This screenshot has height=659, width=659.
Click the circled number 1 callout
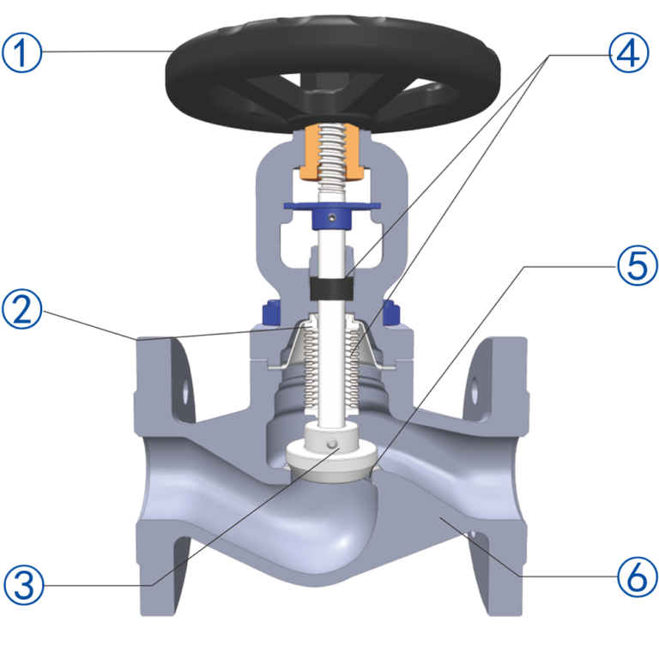point(22,53)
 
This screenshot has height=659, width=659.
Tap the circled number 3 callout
point(24,584)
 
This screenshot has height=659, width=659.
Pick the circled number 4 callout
point(629,52)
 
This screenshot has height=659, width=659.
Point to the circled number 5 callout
point(638,266)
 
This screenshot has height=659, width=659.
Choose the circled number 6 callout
point(638,577)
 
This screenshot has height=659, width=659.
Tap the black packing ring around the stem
point(331,289)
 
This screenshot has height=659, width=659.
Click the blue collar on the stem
point(332,215)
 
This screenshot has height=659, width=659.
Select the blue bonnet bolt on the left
point(271,312)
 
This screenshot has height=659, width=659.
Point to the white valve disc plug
point(331,453)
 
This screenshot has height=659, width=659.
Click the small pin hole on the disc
point(332,444)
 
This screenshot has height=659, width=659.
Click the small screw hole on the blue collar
point(332,217)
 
